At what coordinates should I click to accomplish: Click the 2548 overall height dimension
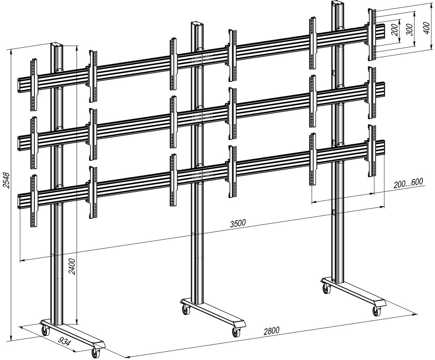click(7, 180)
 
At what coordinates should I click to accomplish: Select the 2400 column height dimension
click(72, 266)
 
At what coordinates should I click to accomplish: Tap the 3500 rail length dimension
click(238, 223)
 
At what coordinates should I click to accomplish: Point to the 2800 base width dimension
click(271, 330)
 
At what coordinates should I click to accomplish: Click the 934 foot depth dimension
click(65, 342)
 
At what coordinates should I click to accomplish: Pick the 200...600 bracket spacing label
click(408, 183)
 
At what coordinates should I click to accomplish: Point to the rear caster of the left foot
click(45, 331)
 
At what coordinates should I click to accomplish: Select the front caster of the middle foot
click(236, 331)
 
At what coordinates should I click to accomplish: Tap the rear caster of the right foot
click(327, 290)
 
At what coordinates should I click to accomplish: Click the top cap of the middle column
click(197, 23)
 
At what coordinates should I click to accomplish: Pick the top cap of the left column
click(57, 45)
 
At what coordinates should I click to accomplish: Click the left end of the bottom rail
click(19, 201)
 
